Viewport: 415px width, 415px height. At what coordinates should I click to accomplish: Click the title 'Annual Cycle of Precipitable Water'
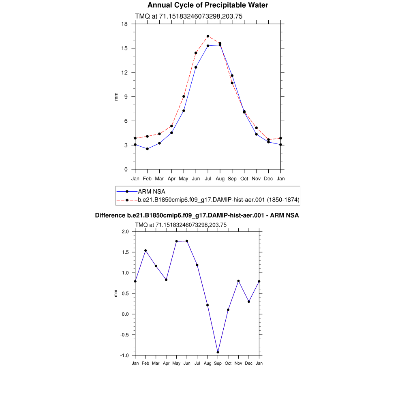(207, 5)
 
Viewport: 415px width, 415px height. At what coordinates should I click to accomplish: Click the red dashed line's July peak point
(208, 36)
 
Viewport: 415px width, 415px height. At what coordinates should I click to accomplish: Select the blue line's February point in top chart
(147, 149)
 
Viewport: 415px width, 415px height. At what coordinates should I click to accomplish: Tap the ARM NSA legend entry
(152, 191)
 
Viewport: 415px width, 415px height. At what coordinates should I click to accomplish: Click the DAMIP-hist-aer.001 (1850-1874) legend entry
(218, 199)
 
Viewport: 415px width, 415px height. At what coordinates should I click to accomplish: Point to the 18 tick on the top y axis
(125, 24)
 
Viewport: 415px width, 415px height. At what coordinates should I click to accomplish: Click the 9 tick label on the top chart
(126, 97)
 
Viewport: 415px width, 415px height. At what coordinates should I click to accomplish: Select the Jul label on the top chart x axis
(208, 178)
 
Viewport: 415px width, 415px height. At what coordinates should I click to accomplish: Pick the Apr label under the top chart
(171, 178)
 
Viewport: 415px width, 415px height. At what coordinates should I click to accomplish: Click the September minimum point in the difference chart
(218, 352)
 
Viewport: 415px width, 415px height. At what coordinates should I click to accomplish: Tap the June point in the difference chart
(187, 241)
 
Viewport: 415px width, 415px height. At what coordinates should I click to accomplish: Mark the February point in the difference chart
(145, 250)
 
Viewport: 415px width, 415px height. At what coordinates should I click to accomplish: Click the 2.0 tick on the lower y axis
(125, 231)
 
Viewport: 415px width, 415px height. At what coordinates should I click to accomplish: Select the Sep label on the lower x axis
(218, 363)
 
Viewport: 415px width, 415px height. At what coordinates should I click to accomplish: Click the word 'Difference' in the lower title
(107, 215)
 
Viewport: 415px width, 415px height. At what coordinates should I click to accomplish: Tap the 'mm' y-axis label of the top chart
(116, 97)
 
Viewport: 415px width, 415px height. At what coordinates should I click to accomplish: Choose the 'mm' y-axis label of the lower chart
(116, 293)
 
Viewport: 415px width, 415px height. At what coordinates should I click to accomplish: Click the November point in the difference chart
(239, 281)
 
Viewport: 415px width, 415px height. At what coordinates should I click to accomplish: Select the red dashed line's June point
(196, 53)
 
